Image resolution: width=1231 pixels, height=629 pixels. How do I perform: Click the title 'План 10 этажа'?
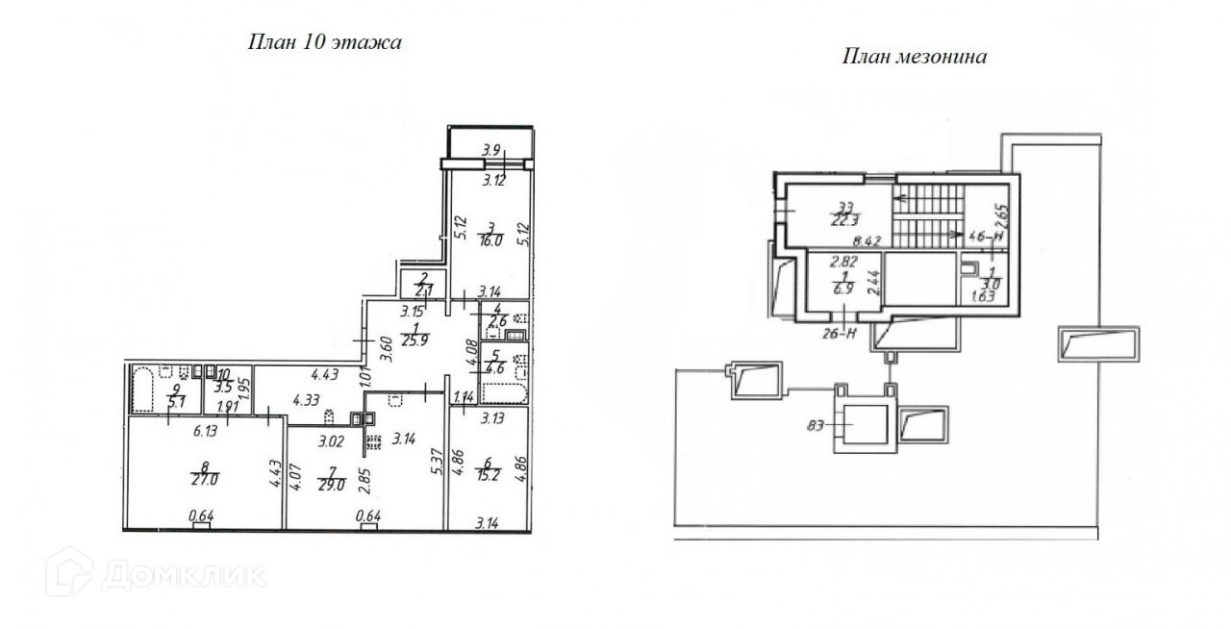(x=324, y=42)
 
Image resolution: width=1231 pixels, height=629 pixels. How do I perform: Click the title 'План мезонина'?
(x=915, y=57)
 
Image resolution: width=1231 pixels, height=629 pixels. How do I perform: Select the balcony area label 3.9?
(x=490, y=149)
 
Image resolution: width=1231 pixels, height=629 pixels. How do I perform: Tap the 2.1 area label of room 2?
(x=419, y=289)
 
